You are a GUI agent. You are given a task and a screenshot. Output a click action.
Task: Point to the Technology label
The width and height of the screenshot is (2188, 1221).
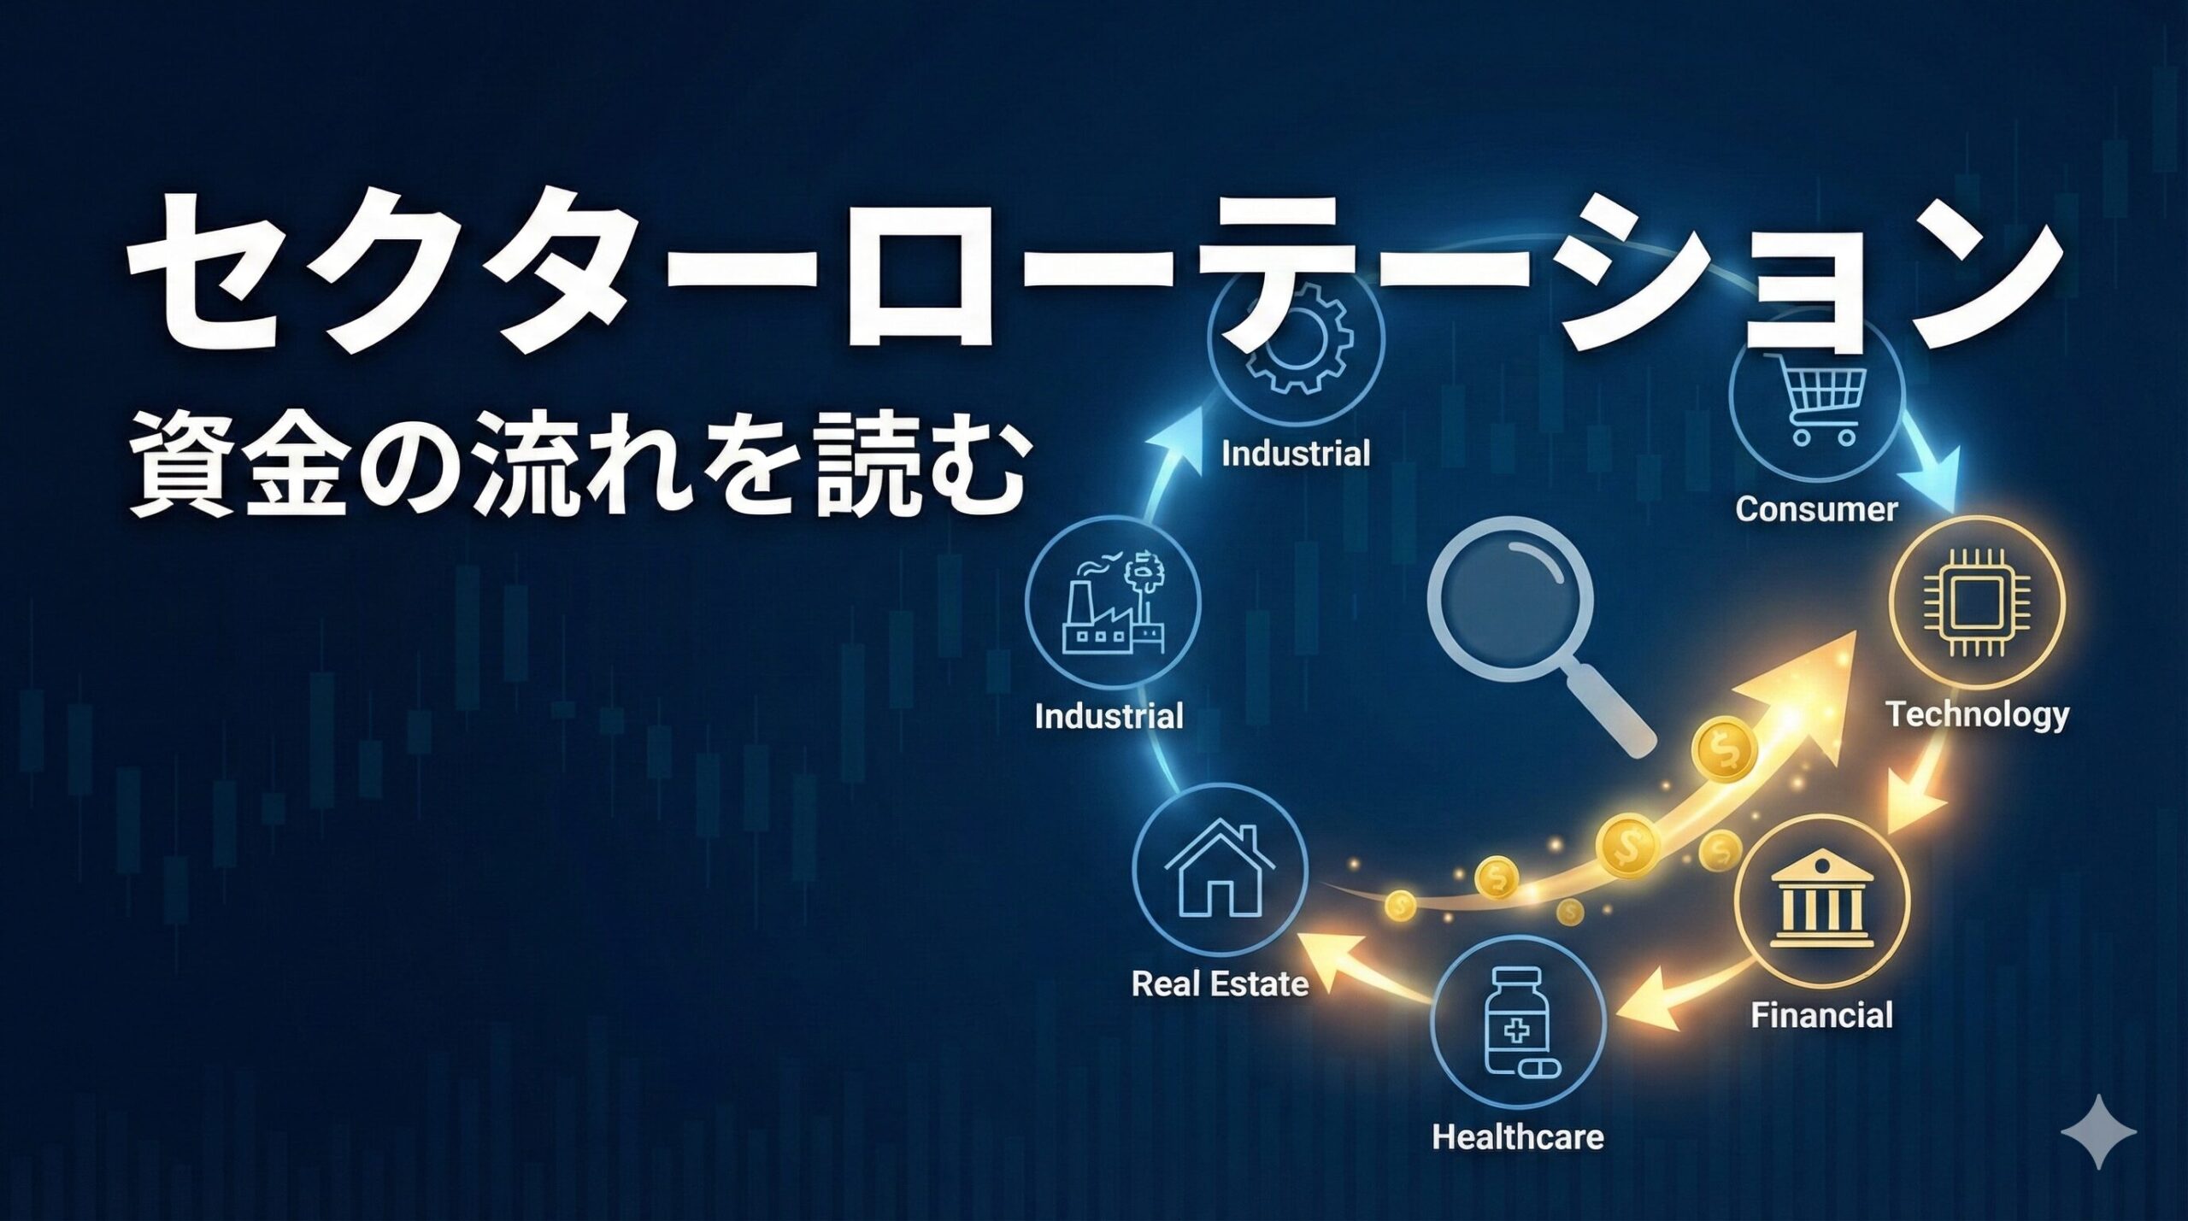pyautogui.click(x=1978, y=714)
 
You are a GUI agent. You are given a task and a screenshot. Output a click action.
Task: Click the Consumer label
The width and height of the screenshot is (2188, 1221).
pyautogui.click(x=1816, y=509)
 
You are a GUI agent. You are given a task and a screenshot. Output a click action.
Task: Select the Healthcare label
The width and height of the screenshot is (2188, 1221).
pyautogui.click(x=1518, y=1137)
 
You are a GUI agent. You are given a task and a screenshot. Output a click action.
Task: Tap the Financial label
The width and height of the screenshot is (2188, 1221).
pyautogui.click(x=1821, y=1015)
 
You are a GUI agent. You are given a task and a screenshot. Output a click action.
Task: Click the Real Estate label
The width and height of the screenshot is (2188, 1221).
pyautogui.click(x=1220, y=984)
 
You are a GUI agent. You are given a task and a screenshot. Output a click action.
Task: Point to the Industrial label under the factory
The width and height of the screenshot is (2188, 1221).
pyautogui.click(x=1109, y=716)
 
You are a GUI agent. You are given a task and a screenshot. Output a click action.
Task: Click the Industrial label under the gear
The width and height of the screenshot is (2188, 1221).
pyautogui.click(x=1296, y=453)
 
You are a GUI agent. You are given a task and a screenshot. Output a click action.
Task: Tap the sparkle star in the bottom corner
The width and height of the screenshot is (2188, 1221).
pyautogui.click(x=2098, y=1131)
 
